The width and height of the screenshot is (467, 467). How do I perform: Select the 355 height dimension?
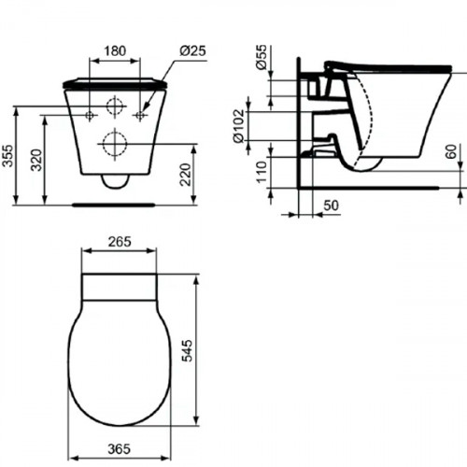[8, 155]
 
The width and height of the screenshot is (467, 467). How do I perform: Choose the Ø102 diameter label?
[239, 122]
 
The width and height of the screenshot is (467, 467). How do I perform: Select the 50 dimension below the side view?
[332, 205]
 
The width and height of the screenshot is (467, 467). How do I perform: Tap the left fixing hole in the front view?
[90, 115]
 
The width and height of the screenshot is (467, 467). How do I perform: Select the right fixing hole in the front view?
[139, 115]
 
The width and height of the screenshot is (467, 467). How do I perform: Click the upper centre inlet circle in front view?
[114, 106]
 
